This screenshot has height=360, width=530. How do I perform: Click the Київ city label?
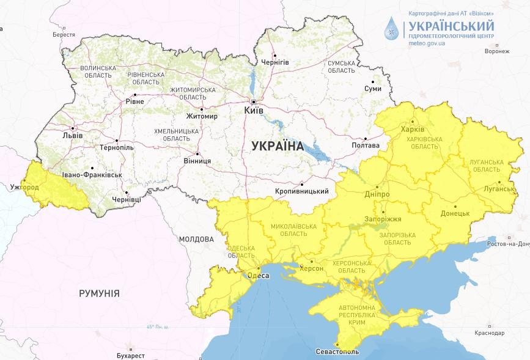[x=254, y=111]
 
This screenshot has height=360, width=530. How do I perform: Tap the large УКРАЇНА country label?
[x=278, y=145]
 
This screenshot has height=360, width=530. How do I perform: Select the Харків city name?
[x=411, y=129]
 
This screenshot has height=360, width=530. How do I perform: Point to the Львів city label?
[x=64, y=136]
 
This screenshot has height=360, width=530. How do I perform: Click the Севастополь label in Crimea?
[x=337, y=352]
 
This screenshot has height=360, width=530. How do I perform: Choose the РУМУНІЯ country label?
[x=99, y=293]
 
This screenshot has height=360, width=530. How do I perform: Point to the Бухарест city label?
[x=130, y=355]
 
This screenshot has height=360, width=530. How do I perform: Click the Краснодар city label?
[x=489, y=333]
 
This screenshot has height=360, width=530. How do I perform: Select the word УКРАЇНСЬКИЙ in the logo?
[x=451, y=26]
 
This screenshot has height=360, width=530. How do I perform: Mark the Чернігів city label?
[x=274, y=62]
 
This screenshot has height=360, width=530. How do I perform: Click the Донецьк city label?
[x=455, y=213]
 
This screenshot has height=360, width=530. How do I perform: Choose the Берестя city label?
[x=64, y=35]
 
